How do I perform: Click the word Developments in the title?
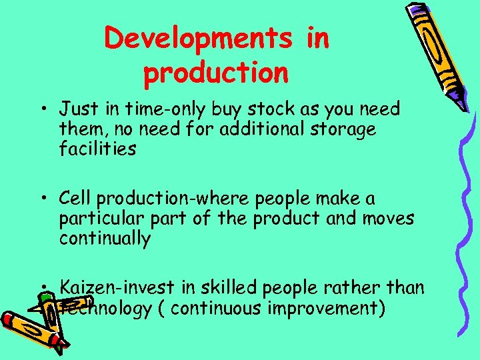(198, 39)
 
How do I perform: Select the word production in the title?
(216, 74)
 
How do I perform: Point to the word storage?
(348, 128)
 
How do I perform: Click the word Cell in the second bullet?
(75, 199)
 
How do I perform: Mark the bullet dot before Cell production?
(43, 199)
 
